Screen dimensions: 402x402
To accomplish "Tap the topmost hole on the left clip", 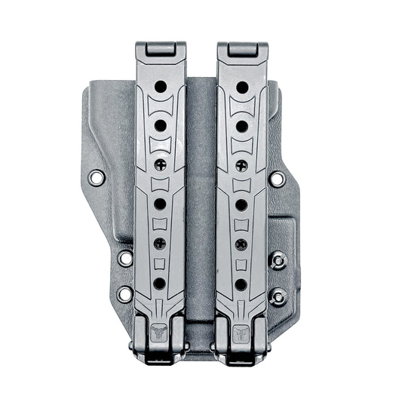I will (x=161, y=87).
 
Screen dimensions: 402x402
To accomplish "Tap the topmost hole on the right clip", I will (x=242, y=87).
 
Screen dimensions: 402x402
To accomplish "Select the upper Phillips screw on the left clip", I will (x=160, y=164).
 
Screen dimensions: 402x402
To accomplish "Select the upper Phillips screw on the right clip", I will (x=241, y=165).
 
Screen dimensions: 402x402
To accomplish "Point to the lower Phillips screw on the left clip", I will (x=159, y=244).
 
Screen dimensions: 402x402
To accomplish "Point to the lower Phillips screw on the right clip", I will (x=241, y=244).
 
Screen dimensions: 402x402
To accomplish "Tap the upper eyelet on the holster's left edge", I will (x=96, y=178).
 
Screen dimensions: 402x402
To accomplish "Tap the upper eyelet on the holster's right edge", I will (x=277, y=179).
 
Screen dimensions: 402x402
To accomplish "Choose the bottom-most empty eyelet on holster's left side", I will (x=124, y=293).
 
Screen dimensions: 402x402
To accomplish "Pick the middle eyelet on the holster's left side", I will (x=125, y=259).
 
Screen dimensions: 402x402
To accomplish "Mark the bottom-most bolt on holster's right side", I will (x=278, y=296).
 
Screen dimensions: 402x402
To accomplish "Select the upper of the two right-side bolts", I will (x=278, y=259).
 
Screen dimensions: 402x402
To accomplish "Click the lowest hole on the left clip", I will (x=159, y=284).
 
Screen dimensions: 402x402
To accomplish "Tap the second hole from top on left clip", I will (x=161, y=125).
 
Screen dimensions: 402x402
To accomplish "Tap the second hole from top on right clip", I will (x=242, y=125).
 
